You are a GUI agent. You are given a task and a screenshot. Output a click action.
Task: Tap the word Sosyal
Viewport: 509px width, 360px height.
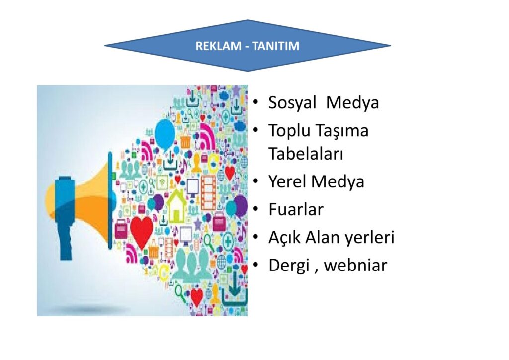[292, 103]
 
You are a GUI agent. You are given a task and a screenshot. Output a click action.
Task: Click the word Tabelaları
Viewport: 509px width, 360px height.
[306, 154]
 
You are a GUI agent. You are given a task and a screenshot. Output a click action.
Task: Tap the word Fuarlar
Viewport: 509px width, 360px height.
[296, 209]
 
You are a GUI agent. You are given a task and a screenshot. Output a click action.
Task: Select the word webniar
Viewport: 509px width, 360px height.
[355, 265]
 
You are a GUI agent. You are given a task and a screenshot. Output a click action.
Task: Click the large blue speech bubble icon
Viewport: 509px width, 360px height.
[165, 134]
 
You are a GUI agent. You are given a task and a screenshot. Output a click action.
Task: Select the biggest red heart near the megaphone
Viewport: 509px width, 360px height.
[142, 231]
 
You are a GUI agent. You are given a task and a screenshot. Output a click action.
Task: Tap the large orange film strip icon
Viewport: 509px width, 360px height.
[208, 192]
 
